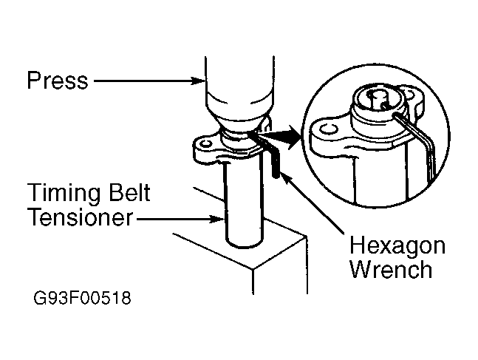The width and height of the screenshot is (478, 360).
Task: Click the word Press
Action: [56, 80]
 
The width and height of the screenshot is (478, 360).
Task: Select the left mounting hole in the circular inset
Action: [327, 130]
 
